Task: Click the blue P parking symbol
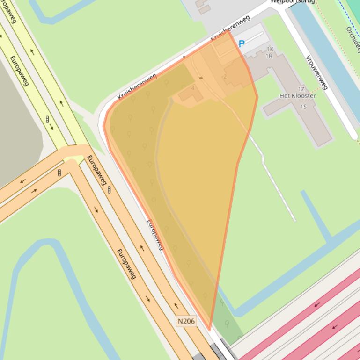[242, 44]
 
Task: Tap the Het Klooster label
[297, 96]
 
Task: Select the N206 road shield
[186, 321]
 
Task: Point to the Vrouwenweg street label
[316, 72]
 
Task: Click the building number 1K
[270, 49]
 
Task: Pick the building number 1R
[269, 56]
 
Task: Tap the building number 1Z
[301, 89]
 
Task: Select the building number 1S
[303, 107]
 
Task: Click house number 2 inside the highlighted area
[225, 76]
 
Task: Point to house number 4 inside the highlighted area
[193, 88]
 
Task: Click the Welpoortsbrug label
[293, 1]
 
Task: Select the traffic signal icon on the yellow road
[47, 120]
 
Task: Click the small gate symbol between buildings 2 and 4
[201, 78]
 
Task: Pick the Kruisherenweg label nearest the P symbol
[230, 28]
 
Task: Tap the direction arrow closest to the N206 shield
[176, 306]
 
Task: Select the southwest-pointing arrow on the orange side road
[22, 181]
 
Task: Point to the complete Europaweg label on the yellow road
[19, 71]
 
